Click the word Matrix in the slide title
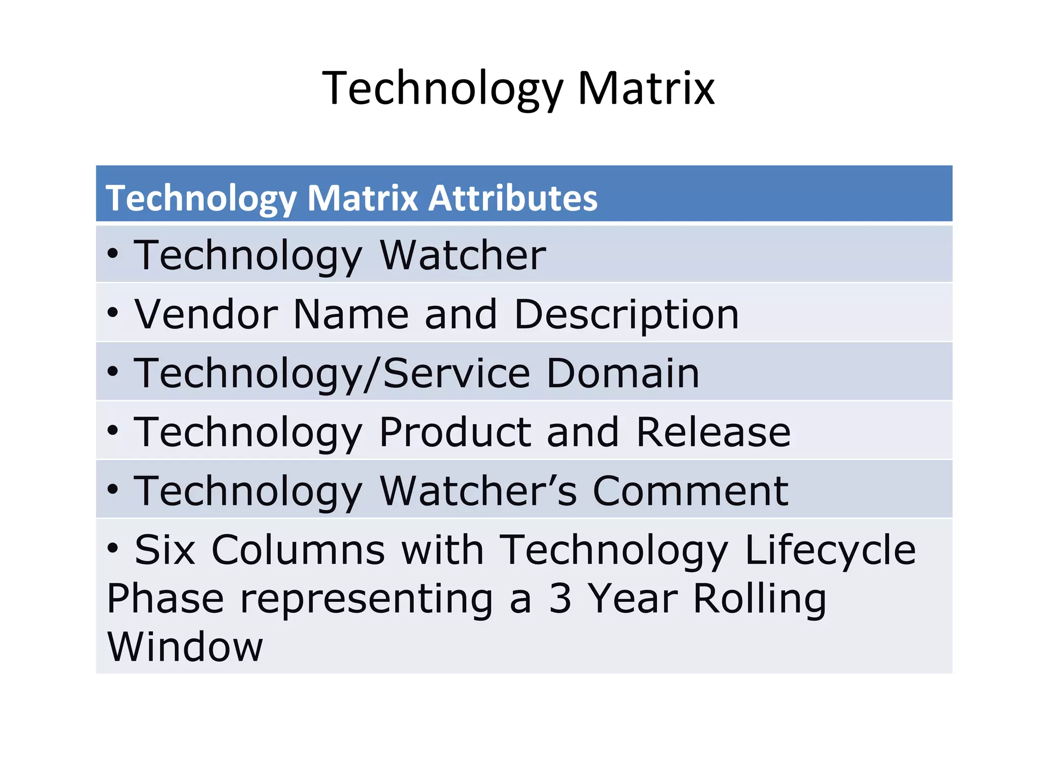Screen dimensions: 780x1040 coord(646,88)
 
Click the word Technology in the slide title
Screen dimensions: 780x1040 coord(442,89)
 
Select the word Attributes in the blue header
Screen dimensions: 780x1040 coord(513,198)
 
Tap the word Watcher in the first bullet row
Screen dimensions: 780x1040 coord(463,255)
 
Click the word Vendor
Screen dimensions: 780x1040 coord(206,314)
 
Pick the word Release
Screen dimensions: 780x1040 coord(713,432)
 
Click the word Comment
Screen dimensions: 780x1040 coord(690,491)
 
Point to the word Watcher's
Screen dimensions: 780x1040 coord(478,491)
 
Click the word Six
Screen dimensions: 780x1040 coord(165,550)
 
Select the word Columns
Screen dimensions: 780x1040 coord(298,550)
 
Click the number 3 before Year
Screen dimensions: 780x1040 coord(560,598)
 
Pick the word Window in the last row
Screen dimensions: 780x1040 coord(185,647)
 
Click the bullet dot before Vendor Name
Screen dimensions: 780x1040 coord(113,312)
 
